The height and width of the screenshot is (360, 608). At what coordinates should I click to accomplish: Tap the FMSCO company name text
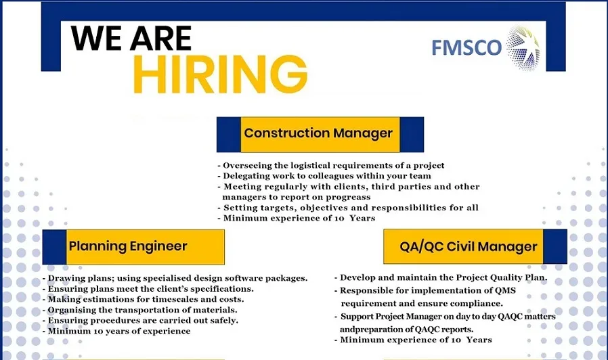coord(466,47)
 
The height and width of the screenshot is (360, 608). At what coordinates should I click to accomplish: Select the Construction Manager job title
coord(318,133)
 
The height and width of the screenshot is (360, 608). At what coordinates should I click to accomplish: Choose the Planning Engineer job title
coord(128,246)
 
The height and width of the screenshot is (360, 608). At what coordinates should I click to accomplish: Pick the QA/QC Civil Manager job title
coord(469,247)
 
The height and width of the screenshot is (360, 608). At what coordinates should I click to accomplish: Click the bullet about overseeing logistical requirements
coord(331,165)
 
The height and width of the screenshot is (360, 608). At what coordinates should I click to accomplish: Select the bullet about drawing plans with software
coord(175,278)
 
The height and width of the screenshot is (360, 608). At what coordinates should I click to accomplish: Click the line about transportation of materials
coord(139,310)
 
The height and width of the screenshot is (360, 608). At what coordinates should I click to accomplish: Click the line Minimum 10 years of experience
coord(116,331)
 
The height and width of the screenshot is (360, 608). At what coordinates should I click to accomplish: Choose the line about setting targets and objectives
coord(348,208)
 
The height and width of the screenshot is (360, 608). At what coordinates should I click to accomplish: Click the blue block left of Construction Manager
coord(228,134)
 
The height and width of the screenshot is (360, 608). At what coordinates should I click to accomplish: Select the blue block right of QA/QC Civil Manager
coord(555,246)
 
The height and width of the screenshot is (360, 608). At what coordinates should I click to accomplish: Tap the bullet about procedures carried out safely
coord(140,320)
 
